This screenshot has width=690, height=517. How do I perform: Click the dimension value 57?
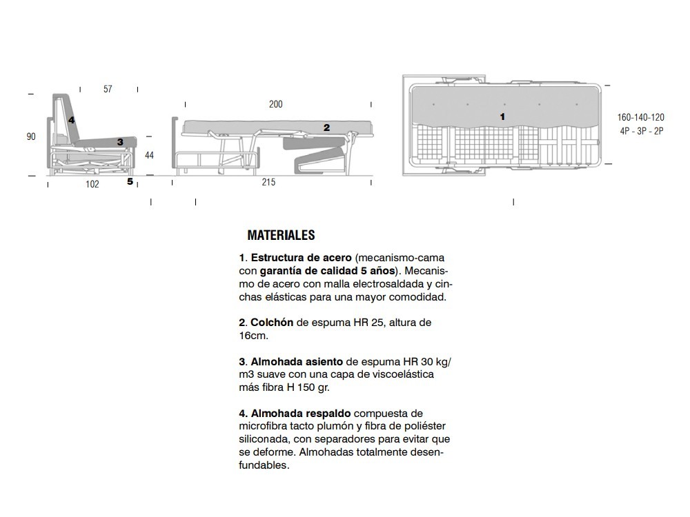pos(108,89)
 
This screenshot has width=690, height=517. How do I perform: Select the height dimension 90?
pos(31,136)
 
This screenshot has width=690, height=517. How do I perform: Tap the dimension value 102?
pos(92,184)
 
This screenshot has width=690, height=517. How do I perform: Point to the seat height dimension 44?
pos(149,155)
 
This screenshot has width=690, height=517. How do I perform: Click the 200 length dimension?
pos(275,105)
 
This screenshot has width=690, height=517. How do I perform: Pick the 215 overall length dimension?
pos(268,182)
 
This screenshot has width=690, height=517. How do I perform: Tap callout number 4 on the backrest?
pos(71,120)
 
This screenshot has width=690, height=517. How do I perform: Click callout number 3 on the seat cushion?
pos(120,142)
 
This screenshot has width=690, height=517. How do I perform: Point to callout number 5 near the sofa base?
pos(130,182)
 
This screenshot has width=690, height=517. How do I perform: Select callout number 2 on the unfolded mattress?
pos(326,128)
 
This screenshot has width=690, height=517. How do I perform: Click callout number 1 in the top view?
pos(502,116)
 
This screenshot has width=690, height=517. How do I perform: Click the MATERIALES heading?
pos(281,236)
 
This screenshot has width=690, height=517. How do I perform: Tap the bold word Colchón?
pos(272,323)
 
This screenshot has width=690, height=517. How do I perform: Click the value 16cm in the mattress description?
pos(253,336)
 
